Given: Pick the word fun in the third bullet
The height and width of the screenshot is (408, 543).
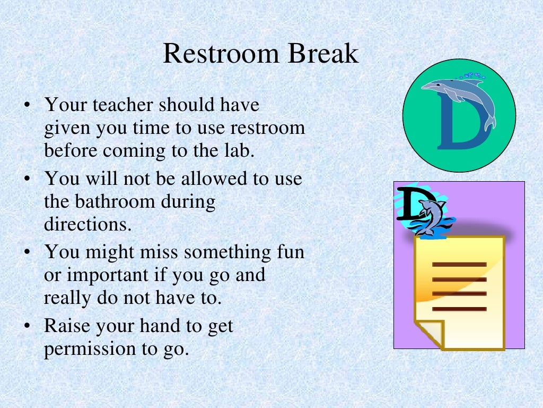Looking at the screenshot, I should click(x=289, y=251).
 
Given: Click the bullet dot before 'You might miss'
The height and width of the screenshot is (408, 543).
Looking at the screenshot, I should click(x=26, y=252).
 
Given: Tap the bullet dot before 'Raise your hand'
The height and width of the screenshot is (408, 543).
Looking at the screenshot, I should click(x=26, y=326).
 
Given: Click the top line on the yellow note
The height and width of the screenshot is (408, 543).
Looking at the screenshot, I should click(x=459, y=264).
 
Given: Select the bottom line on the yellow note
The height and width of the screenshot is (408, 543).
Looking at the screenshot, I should click(x=459, y=309).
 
